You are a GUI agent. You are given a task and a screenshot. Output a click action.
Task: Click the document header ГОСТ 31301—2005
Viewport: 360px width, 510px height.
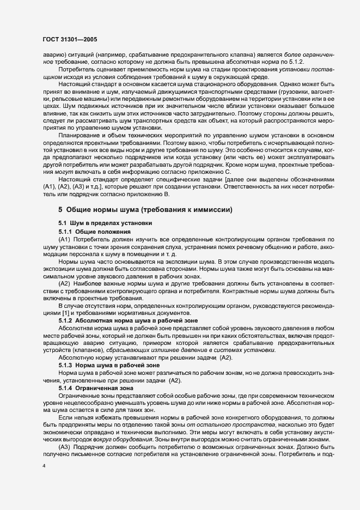click(70, 39)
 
